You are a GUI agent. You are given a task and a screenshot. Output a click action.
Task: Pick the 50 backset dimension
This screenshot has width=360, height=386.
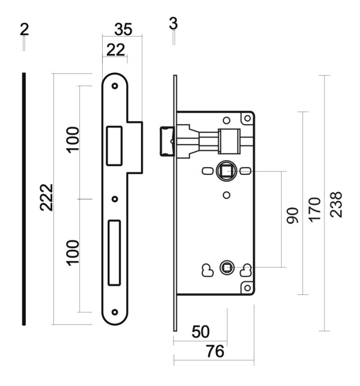click(200, 332)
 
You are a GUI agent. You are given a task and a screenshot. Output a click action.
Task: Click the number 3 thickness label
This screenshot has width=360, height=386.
click(174, 23)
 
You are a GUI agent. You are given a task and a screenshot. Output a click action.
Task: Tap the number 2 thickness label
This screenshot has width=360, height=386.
click(24, 29)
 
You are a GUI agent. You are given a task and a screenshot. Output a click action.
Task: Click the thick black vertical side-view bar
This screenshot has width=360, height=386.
click(24, 199)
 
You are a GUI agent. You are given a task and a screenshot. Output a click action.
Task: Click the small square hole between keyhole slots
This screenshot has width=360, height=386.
click(225, 268)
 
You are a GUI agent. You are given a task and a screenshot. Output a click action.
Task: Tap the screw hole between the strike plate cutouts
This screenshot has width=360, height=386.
click(115, 199)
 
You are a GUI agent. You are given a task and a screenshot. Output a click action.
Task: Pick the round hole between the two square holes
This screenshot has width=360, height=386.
click(226, 195)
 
